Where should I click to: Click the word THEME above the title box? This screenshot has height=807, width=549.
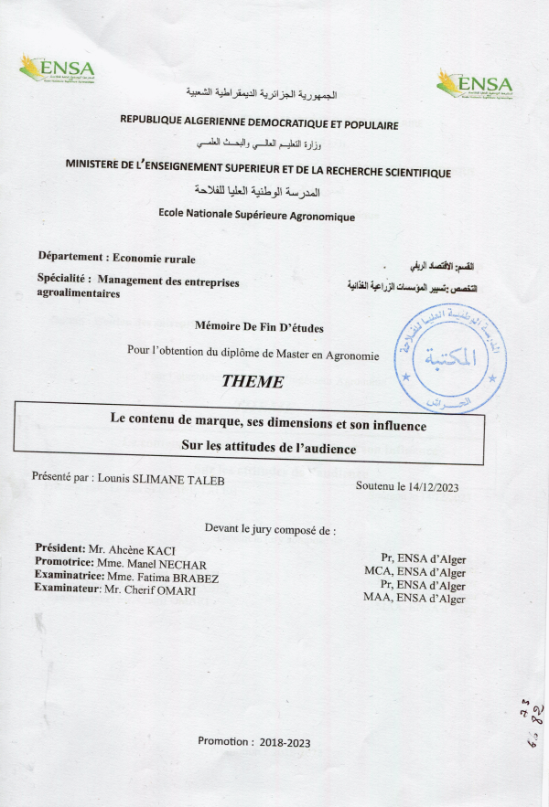(x=253, y=381)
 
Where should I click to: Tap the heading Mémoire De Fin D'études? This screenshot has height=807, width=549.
(x=260, y=326)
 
